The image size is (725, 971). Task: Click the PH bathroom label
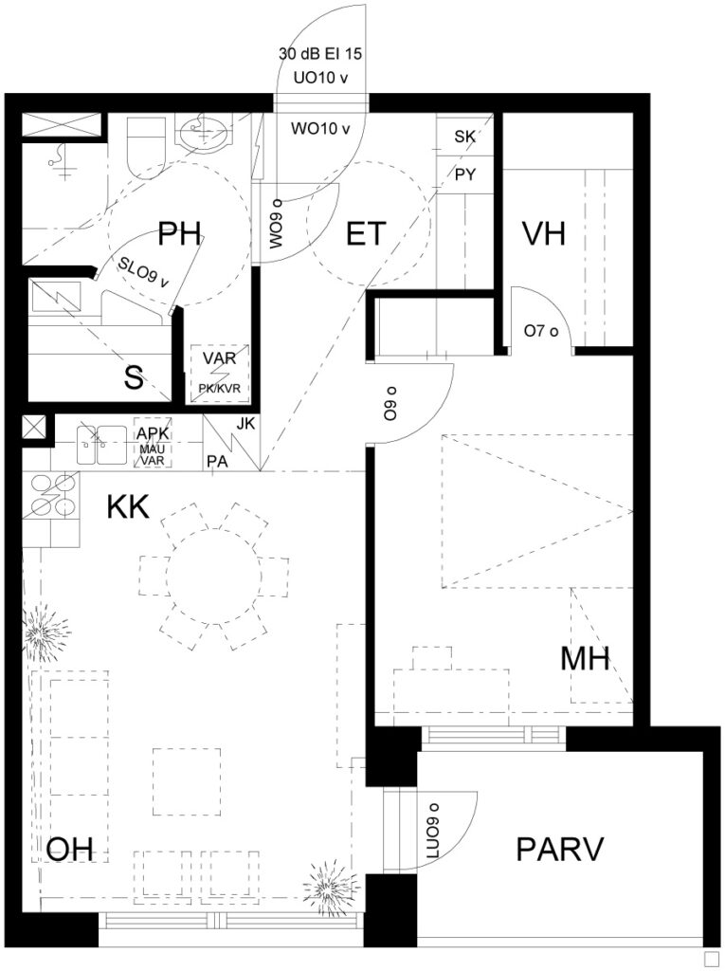tap(179, 234)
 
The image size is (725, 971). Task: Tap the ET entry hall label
tap(366, 235)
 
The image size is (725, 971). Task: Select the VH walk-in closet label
tap(544, 234)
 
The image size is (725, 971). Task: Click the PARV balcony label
tap(560, 849)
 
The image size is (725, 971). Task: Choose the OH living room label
tap(70, 849)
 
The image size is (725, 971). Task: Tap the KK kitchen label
tap(128, 506)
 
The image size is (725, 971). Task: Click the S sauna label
tap(134, 377)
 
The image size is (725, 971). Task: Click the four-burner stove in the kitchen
tap(52, 495)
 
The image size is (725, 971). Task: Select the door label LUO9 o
tap(432, 831)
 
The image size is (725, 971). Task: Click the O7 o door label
tap(541, 331)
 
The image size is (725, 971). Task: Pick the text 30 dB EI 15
tap(320, 54)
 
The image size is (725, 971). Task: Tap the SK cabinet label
tap(465, 137)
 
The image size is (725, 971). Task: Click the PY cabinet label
tap(465, 174)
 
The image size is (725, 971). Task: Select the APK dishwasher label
tap(153, 432)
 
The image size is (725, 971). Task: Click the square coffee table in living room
tap(187, 781)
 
